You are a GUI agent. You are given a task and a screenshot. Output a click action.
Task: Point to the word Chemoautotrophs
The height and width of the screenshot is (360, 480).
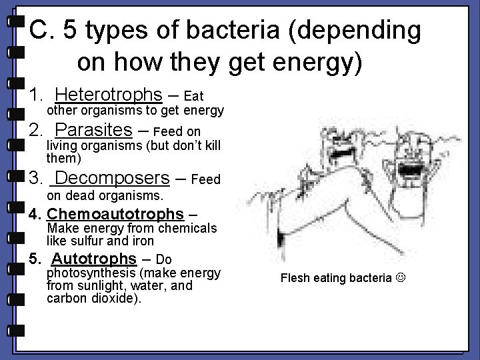(x=115, y=214)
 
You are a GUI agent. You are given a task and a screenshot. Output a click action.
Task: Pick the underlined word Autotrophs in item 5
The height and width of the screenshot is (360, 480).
(x=93, y=259)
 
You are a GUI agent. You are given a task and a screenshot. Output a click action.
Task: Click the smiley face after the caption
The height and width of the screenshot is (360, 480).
(x=400, y=278)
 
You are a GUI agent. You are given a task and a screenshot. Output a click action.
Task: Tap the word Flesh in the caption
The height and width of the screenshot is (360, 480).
(x=294, y=278)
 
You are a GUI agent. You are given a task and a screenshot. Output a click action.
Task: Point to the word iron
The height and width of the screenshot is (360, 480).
(x=143, y=241)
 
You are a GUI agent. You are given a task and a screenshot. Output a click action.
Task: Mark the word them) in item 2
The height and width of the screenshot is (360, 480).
(x=63, y=158)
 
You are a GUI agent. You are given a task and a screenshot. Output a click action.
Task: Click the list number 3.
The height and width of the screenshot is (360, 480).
(x=35, y=179)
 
